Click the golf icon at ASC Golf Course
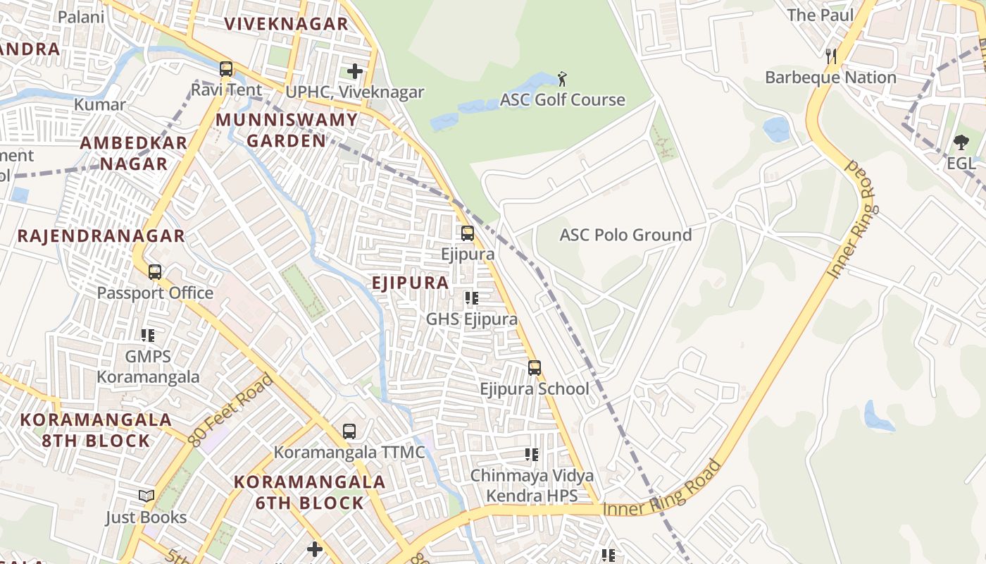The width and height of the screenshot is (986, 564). (x=561, y=78)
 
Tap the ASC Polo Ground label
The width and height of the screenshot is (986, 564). (x=625, y=235)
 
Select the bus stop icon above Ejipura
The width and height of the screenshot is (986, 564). (x=468, y=233)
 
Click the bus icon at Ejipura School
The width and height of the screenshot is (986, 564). (x=535, y=367)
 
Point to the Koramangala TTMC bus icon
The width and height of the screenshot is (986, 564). (x=349, y=431)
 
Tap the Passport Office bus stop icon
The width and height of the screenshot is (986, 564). (x=155, y=271)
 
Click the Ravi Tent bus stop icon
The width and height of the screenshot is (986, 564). (x=226, y=69)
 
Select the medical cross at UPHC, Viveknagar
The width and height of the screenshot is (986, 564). (x=355, y=71)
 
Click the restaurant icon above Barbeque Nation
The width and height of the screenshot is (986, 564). (x=831, y=56)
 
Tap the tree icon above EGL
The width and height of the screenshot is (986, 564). (x=961, y=142)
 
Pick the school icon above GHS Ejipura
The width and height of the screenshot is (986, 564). (x=472, y=298)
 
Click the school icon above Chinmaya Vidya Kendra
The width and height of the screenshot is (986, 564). (x=532, y=455)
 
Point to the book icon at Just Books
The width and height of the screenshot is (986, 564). (x=146, y=496)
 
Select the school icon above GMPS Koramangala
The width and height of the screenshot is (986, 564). (x=148, y=336)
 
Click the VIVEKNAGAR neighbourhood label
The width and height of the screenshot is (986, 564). (x=286, y=24)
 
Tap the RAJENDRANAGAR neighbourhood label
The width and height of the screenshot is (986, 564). (x=101, y=235)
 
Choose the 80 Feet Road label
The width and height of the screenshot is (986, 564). (x=231, y=410)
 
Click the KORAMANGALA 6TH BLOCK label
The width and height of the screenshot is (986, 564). (x=309, y=492)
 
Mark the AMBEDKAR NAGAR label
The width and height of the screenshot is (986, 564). (x=134, y=153)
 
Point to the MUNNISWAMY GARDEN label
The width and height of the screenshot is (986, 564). (x=287, y=130)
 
